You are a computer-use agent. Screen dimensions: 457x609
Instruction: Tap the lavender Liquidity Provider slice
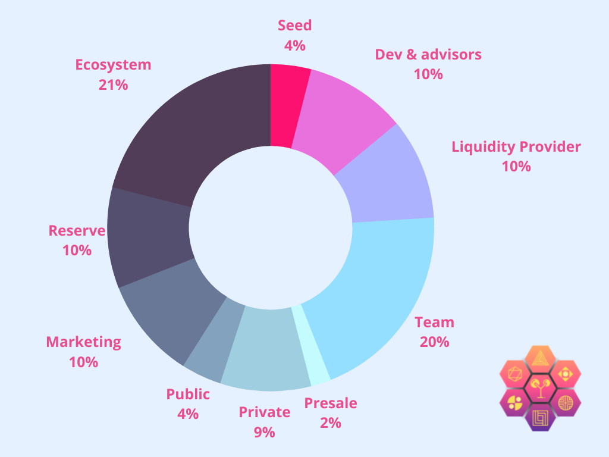coord(387,179)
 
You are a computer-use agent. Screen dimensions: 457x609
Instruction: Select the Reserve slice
coord(149,238)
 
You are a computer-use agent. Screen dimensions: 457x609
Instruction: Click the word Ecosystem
coord(113,64)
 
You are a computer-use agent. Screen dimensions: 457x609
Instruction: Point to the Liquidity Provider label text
coord(516,146)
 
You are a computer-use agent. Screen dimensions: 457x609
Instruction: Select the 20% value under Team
coord(434,342)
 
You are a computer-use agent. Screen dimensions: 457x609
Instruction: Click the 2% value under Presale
coord(331,423)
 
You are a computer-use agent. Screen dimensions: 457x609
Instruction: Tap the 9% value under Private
coord(265,432)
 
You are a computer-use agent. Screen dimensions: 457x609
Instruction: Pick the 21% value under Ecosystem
coord(113,84)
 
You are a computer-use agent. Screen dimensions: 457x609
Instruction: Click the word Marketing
coord(83,342)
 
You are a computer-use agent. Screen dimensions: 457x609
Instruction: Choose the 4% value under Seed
coord(294,45)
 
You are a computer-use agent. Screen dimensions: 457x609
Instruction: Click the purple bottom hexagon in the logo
coord(540,417)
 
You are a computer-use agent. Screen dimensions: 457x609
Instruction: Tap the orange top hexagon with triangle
coord(540,358)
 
